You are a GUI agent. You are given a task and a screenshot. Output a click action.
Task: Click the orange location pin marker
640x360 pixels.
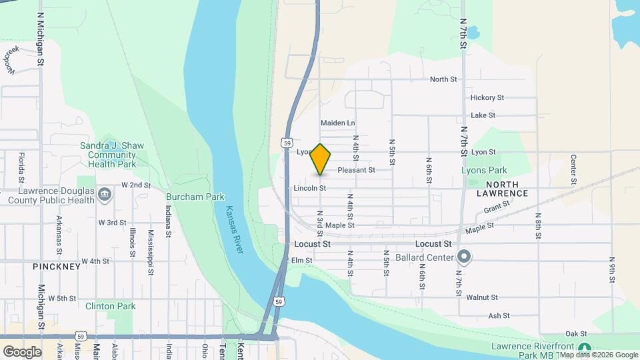click(x=321, y=159)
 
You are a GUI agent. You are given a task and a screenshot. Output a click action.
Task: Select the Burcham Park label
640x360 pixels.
click(x=195, y=197)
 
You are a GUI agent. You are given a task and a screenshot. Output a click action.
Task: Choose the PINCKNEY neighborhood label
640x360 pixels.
click(x=57, y=267)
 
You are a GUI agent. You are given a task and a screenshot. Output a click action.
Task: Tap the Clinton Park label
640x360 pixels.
click(x=111, y=306)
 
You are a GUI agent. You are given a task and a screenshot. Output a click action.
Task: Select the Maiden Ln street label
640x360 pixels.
click(x=337, y=123)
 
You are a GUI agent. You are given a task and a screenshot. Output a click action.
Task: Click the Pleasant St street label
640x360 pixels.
click(x=356, y=170)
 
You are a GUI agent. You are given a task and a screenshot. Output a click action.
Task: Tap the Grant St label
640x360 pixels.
click(x=497, y=209)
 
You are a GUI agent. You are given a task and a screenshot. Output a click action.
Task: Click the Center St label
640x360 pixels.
click(x=573, y=169)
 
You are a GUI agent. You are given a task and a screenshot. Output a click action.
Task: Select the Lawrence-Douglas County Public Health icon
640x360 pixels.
click(x=105, y=195)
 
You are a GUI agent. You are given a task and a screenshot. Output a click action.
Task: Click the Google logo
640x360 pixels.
click(x=22, y=351)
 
